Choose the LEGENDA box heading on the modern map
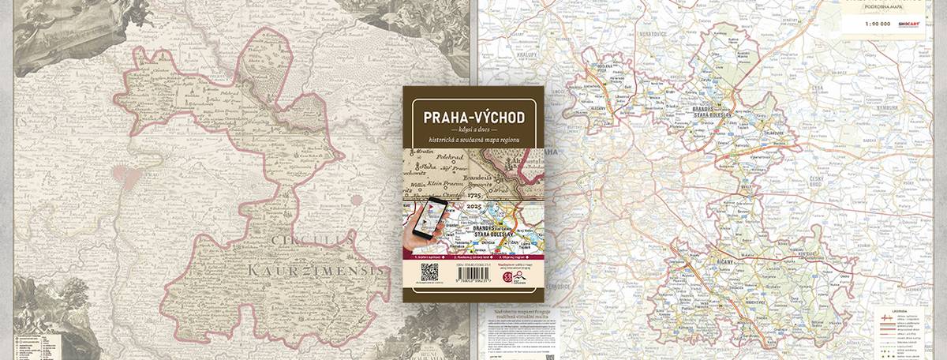[x=908, y=313]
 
